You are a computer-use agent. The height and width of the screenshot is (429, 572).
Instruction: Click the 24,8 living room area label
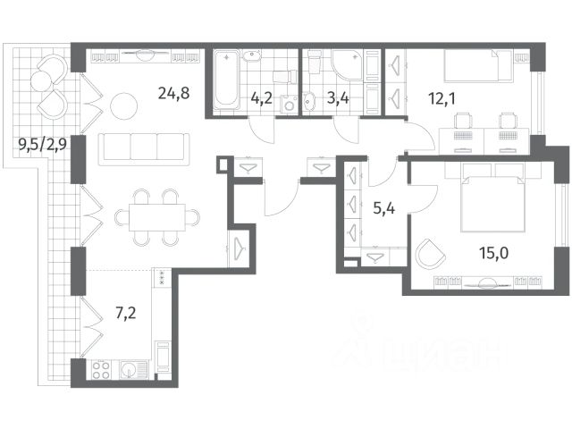tap(173, 94)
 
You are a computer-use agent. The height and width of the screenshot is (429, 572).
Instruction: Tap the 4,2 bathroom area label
tap(262, 98)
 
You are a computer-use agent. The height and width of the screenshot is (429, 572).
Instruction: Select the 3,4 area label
tap(338, 98)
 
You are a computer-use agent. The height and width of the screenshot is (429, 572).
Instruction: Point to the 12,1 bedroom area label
tap(442, 98)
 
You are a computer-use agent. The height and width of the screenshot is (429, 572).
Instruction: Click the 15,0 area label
tap(494, 252)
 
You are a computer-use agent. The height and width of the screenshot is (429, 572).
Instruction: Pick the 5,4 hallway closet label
tap(384, 208)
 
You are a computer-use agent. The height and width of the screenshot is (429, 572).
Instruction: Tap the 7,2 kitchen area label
tap(126, 313)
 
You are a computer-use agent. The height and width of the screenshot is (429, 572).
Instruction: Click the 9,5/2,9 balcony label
tap(43, 145)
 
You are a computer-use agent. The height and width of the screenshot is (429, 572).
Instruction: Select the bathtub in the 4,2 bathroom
tap(226, 80)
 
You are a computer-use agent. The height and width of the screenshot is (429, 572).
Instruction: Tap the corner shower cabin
tap(348, 64)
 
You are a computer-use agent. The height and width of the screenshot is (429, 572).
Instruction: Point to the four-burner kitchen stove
tap(101, 369)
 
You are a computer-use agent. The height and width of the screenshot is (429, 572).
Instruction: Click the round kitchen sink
tap(130, 369)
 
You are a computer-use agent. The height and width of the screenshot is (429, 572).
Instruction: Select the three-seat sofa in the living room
tap(144, 149)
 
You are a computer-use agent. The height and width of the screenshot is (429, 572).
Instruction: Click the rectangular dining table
tap(157, 217)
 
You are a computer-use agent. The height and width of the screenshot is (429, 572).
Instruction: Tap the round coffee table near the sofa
tap(123, 106)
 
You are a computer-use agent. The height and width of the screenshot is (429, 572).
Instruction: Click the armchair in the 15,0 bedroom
tap(431, 253)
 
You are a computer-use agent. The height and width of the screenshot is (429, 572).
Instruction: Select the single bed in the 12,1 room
tap(478, 65)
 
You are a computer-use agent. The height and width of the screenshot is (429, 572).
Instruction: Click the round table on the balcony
tap(41, 81)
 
